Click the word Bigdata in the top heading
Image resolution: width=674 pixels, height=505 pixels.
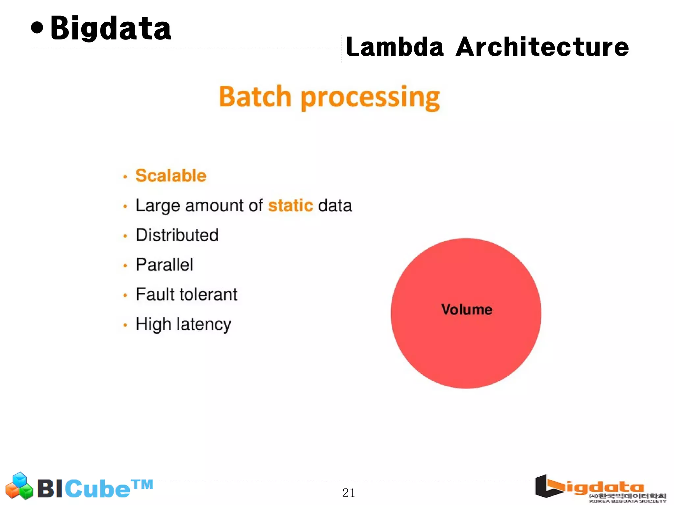pyautogui.click(x=111, y=29)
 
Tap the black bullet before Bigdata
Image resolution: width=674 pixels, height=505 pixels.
pyautogui.click(x=37, y=28)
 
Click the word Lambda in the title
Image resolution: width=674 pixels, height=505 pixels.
pyautogui.click(x=395, y=47)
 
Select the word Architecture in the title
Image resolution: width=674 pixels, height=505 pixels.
pyautogui.click(x=542, y=47)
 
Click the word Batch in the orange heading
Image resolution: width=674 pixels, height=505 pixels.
pyautogui.click(x=255, y=97)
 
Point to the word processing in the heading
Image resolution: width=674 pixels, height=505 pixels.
pyautogui.click(x=370, y=98)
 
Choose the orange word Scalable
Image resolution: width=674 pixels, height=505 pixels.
pyautogui.click(x=171, y=175)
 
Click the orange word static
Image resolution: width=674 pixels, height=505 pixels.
pyautogui.click(x=290, y=206)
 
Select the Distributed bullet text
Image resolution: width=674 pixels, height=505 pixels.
pyautogui.click(x=177, y=235)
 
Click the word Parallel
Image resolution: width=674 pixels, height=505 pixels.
pyautogui.click(x=164, y=265)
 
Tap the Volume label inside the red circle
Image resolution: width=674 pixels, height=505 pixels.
pyautogui.click(x=466, y=310)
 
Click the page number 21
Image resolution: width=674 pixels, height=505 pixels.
pyautogui.click(x=349, y=493)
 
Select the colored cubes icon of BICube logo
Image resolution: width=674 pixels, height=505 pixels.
pyautogui.click(x=19, y=486)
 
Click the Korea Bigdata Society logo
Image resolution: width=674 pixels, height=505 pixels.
pyautogui.click(x=600, y=489)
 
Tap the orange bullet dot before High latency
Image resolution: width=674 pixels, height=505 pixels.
pyautogui.click(x=125, y=325)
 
